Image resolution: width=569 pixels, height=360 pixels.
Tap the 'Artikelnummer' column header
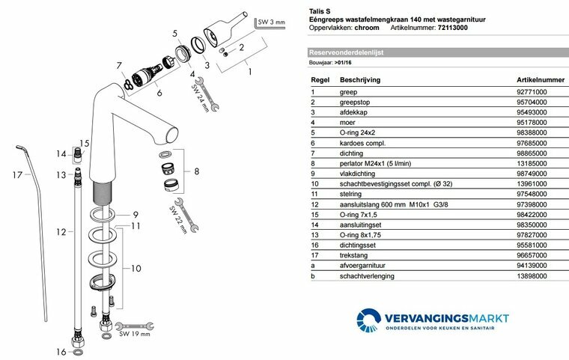click(x=539, y=79)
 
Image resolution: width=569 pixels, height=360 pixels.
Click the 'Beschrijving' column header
click(x=360, y=79)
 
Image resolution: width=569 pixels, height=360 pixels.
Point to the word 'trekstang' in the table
click(x=353, y=255)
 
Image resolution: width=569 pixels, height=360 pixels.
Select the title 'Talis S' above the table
click(x=319, y=11)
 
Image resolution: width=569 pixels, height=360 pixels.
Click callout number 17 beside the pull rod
click(x=17, y=175)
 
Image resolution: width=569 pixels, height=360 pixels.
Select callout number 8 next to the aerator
click(x=197, y=172)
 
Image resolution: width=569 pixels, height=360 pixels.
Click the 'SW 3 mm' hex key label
click(x=272, y=23)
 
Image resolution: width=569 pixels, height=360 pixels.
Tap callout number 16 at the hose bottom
click(x=61, y=351)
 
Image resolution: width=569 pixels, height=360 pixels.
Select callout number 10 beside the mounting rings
click(x=136, y=267)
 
